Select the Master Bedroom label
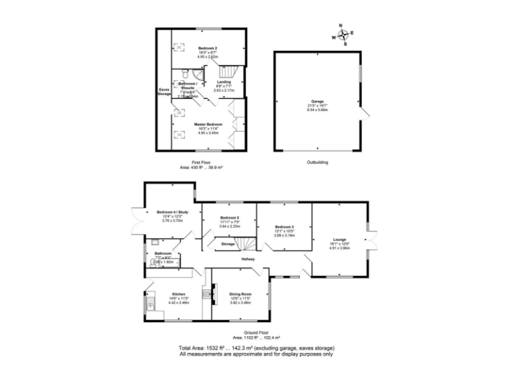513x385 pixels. point(208,124)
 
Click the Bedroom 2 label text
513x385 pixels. point(208,49)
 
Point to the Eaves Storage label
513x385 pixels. point(164,92)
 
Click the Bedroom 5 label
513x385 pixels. point(229,218)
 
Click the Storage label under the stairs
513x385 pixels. point(228,245)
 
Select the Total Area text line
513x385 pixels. point(256,348)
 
